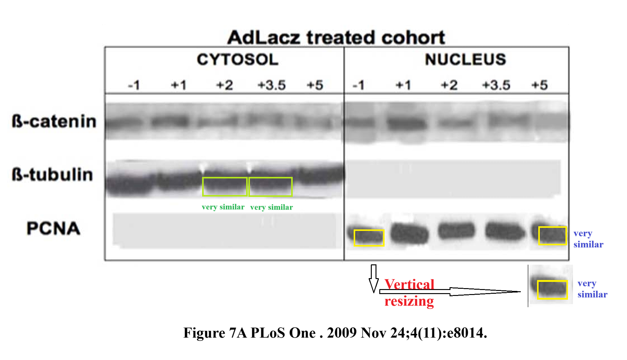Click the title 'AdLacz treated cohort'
[x=336, y=37]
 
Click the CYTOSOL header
[x=237, y=59]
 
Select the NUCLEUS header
[x=465, y=59]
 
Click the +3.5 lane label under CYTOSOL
[x=271, y=85]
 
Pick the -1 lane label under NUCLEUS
[x=358, y=85]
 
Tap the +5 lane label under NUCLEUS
[x=540, y=85]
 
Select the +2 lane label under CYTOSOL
[x=225, y=85]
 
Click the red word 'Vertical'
[x=409, y=284]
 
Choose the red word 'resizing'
[x=409, y=301]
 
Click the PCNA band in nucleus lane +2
[x=456, y=231]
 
